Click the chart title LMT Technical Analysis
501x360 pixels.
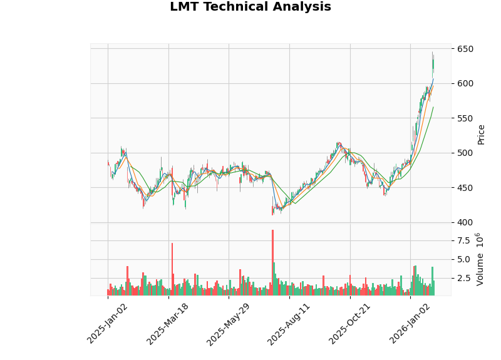[250, 7]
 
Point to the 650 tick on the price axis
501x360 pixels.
[465, 49]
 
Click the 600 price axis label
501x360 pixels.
[465, 83]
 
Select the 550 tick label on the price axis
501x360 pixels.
[465, 118]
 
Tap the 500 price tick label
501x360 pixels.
[465, 153]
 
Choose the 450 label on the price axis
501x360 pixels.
[465, 188]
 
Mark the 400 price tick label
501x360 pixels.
[465, 222]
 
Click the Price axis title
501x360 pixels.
[481, 134]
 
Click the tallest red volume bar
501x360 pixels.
[272, 263]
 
